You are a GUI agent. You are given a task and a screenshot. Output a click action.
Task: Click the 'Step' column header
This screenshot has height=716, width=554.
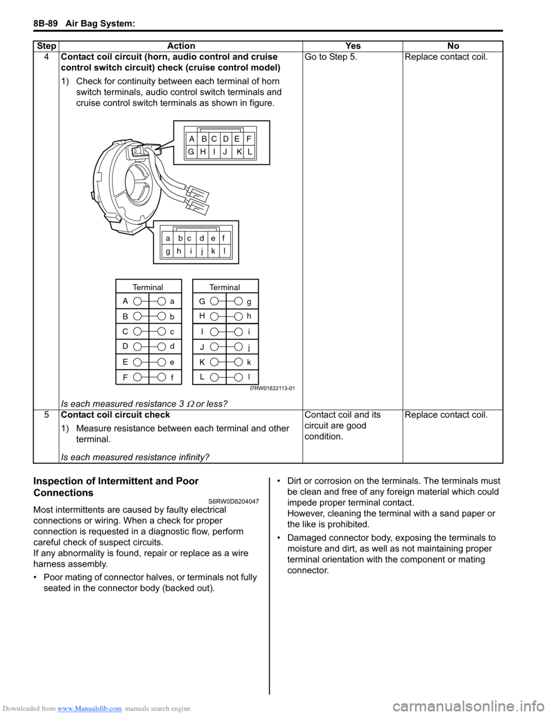tap(46, 46)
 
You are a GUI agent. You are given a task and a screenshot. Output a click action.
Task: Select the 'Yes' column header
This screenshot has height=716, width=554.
tap(353, 46)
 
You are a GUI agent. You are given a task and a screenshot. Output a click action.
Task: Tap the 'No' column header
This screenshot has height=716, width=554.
tap(453, 46)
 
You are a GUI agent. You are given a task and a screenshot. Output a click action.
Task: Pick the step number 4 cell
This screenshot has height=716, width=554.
tap(46, 57)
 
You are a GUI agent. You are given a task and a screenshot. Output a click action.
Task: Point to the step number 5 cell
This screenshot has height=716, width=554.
tap(46, 415)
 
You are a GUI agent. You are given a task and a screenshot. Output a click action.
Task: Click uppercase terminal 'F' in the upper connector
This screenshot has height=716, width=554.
tap(249, 139)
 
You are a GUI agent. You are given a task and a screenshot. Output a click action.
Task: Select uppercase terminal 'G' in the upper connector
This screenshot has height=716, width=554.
tap(191, 152)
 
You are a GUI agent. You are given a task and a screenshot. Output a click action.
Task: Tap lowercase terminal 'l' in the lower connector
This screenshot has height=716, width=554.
tap(224, 251)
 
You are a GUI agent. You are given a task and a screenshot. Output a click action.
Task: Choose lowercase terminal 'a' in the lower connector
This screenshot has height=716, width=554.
tap(168, 238)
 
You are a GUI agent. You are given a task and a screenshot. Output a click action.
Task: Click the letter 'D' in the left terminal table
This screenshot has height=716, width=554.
tap(125, 346)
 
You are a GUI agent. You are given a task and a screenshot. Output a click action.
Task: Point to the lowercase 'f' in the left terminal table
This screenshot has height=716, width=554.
tap(172, 378)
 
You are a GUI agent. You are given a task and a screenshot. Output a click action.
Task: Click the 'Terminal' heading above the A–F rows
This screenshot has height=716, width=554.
tap(148, 287)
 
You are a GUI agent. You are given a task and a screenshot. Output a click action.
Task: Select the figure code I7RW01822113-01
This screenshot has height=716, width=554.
tap(272, 389)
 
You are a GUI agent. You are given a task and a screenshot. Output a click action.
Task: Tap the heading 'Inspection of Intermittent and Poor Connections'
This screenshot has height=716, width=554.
tap(116, 487)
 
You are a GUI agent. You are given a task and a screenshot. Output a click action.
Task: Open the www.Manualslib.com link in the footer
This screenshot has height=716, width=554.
tap(89, 709)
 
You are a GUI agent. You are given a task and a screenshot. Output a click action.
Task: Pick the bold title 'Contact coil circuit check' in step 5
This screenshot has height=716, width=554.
tap(115, 415)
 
